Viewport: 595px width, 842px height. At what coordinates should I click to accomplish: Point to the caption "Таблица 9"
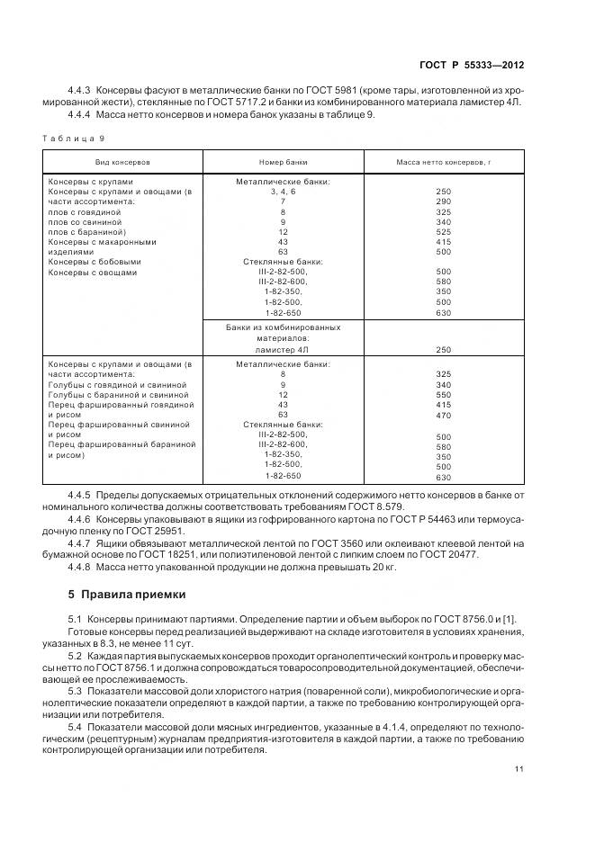74,138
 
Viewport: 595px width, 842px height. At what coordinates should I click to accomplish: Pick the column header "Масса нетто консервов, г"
443,162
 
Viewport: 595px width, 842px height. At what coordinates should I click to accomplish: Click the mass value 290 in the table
443,202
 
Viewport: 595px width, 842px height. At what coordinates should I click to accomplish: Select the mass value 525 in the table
443,231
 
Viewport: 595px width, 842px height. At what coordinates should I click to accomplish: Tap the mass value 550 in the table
443,394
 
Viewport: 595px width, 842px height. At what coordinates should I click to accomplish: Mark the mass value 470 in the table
443,415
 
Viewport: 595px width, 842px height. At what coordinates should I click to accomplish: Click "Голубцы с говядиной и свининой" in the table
118,384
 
